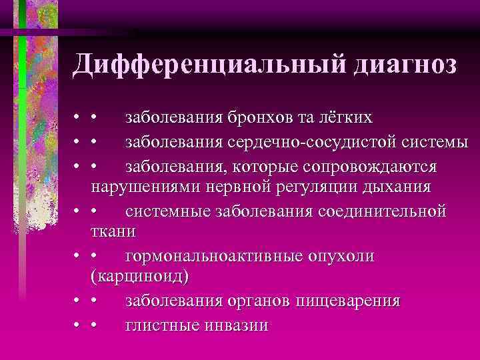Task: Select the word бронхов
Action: pyautogui.click(x=262, y=118)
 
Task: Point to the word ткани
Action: pyautogui.click(x=113, y=231)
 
